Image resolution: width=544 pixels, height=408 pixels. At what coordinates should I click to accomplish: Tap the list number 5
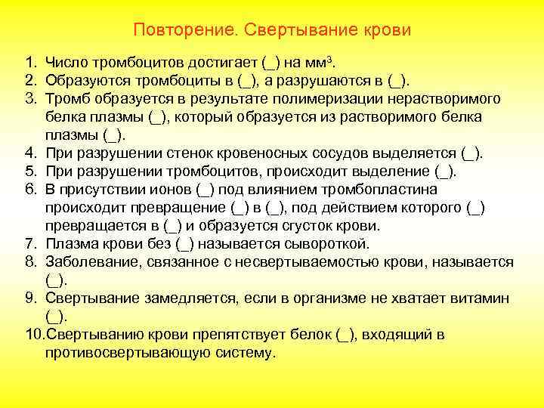(x=29, y=172)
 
